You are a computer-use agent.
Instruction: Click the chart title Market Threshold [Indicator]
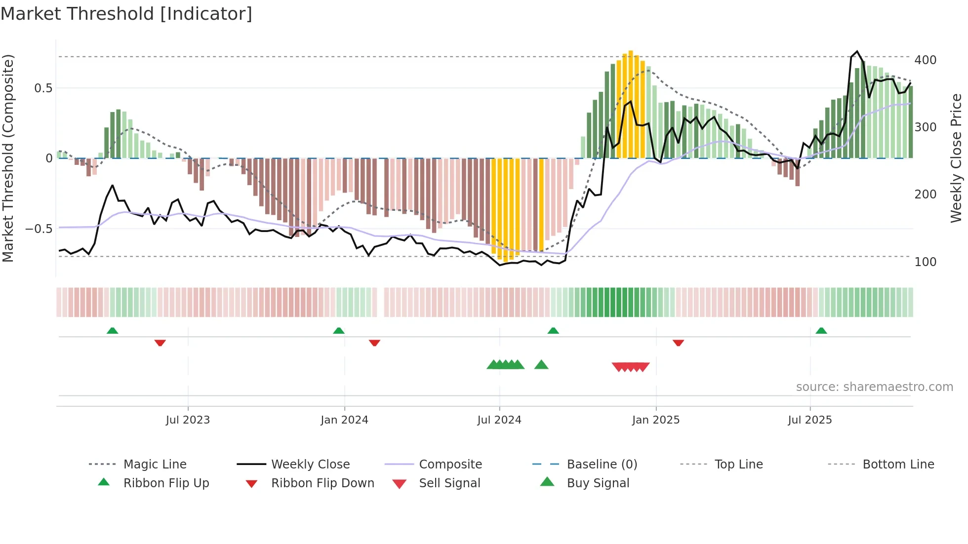[126, 14]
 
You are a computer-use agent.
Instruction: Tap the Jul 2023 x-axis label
[188, 420]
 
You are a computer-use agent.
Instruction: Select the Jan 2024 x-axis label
[344, 420]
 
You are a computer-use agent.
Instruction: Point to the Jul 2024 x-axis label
[499, 420]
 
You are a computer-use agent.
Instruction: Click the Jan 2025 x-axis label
[656, 420]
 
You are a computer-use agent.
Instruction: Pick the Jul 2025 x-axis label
[810, 420]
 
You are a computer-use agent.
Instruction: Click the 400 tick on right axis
[925, 60]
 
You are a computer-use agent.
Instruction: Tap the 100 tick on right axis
[925, 262]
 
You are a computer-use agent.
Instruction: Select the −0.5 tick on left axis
[39, 229]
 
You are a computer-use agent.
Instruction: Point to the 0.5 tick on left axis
[43, 88]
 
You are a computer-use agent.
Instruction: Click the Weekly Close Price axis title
[956, 158]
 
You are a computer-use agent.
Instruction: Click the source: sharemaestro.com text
[874, 387]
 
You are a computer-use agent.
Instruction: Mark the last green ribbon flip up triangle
[821, 331]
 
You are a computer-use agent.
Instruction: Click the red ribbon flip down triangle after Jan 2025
[678, 343]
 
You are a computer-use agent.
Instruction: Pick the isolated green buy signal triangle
[541, 365]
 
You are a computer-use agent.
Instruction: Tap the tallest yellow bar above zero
[631, 104]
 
